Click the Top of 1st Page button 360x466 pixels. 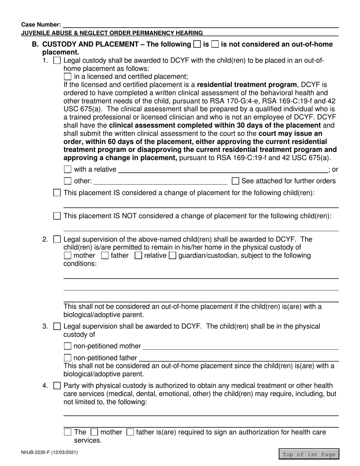point(309,454)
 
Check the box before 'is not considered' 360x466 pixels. point(215,44)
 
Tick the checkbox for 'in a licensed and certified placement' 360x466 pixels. point(68,77)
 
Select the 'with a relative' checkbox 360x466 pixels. point(68,169)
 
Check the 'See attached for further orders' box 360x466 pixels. point(235,181)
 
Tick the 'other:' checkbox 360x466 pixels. point(68,181)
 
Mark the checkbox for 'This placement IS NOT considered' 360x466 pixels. point(57,216)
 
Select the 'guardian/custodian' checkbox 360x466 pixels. point(172,256)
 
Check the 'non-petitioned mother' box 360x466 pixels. point(68,346)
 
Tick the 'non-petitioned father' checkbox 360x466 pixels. point(68,358)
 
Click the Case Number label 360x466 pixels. point(41,24)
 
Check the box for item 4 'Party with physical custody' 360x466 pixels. point(57,386)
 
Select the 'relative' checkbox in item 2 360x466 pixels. point(138,256)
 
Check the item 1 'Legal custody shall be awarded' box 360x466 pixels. point(57,61)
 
